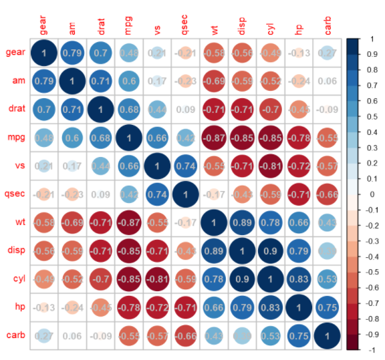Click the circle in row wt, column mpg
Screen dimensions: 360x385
pos(129,222)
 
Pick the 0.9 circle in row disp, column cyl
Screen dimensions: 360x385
pos(271,250)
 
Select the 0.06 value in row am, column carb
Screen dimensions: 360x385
pos(328,80)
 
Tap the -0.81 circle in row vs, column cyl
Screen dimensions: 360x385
pos(271,165)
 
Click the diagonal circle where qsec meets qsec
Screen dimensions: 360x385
pos(186,194)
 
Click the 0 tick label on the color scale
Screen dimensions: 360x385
pos(372,194)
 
